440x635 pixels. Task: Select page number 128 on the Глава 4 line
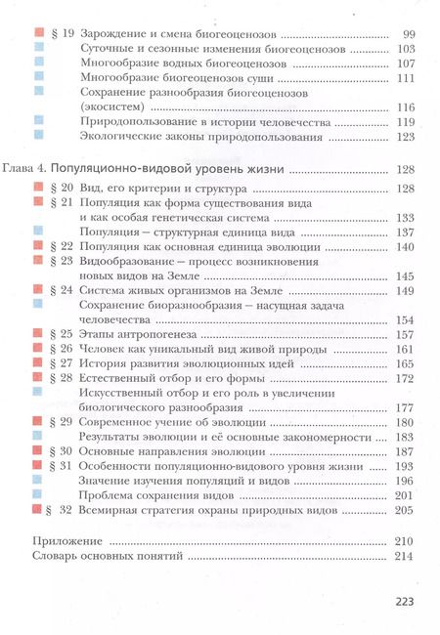pos(407,170)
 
